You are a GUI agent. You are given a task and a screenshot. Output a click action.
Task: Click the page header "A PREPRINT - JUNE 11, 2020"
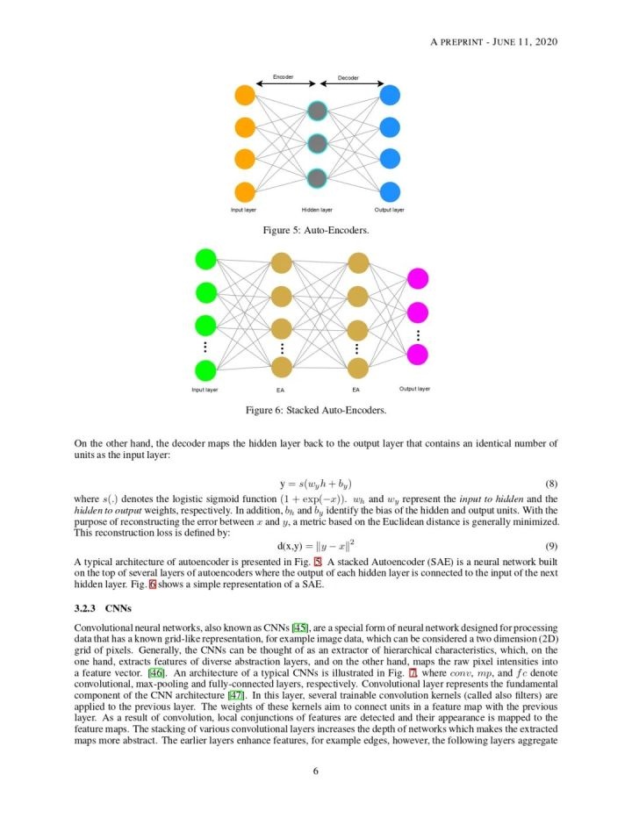pyautogui.click(x=496, y=41)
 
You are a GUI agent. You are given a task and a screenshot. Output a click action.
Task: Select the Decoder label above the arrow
pyautogui.click(x=348, y=78)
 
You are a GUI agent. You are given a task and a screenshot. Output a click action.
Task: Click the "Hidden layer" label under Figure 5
pyautogui.click(x=316, y=210)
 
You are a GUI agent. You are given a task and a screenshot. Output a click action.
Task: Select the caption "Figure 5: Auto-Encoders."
pyautogui.click(x=316, y=230)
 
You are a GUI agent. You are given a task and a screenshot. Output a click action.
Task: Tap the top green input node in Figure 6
pyautogui.click(x=205, y=259)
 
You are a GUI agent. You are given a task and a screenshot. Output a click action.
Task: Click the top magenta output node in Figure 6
pyautogui.click(x=418, y=279)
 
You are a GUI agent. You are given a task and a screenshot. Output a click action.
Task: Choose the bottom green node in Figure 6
pyautogui.click(x=205, y=370)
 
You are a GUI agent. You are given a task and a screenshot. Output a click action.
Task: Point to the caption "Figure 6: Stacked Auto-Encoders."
pyautogui.click(x=316, y=410)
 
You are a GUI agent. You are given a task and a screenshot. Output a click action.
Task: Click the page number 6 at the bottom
pyautogui.click(x=315, y=771)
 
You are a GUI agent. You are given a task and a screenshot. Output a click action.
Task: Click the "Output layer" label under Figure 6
pyautogui.click(x=414, y=388)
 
